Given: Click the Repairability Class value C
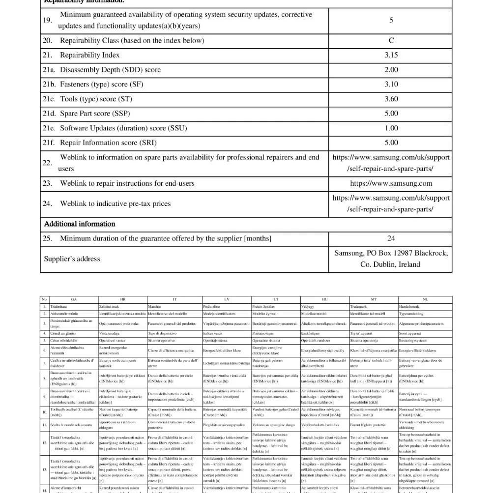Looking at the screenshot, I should (391, 41).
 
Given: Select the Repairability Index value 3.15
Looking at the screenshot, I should (391, 55).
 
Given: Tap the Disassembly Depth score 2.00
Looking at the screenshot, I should (391, 70).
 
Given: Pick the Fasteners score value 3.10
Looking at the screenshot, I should (391, 85).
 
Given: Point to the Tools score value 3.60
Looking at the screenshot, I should (391, 99).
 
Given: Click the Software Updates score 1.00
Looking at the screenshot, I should (391, 128).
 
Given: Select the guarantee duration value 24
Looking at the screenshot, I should (391, 238).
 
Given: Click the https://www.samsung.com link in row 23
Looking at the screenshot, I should (391, 183).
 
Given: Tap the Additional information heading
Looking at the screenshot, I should (80, 224).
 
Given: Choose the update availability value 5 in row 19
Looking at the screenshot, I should (391, 20).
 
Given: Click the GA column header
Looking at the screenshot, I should (74, 299).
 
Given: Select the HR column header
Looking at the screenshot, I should (122, 299).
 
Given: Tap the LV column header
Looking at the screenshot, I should (226, 299).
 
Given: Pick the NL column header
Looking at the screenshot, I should (425, 299).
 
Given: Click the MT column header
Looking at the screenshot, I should (374, 299).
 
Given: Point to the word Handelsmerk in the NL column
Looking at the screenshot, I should (411, 306).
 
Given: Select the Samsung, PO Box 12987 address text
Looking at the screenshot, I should (391, 253).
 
